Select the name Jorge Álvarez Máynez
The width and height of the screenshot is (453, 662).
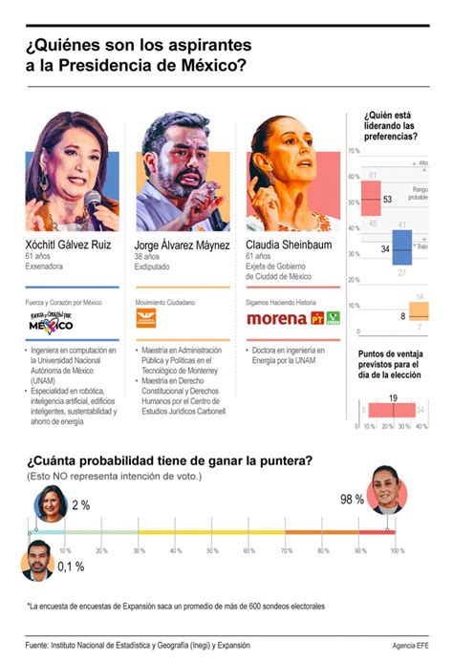(183, 245)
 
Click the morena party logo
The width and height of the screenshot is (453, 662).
(276, 318)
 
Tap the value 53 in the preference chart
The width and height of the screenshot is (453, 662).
(387, 200)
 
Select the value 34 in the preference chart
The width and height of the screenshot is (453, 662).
(383, 248)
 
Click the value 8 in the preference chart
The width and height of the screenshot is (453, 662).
(402, 315)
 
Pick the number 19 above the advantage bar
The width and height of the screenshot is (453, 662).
(393, 397)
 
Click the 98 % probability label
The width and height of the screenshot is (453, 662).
(352, 499)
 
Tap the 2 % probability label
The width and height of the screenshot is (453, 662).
(80, 504)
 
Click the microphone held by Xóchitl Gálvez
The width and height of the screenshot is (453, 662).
(94, 203)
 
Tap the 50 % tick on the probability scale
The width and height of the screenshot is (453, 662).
(213, 551)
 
